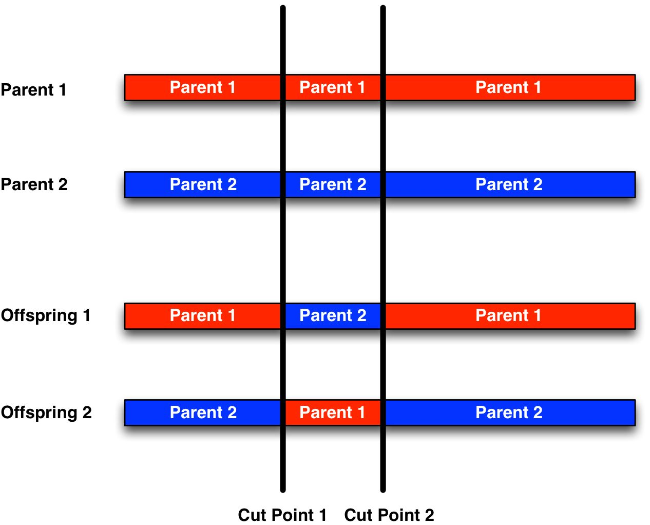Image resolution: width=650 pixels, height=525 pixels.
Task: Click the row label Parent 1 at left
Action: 33,90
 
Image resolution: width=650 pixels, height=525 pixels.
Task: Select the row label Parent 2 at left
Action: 34,184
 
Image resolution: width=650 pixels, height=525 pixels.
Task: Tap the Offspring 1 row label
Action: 46,316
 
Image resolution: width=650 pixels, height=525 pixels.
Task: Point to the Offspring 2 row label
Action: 46,413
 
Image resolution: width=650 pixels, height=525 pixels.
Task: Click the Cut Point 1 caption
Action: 282,516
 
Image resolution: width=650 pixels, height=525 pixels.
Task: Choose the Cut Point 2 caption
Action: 389,516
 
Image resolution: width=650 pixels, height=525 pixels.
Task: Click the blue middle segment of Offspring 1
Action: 333,316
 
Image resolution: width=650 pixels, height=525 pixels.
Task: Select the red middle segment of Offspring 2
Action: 333,413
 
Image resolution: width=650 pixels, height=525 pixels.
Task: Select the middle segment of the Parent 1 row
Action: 333,88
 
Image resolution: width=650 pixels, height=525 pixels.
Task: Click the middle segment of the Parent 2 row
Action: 333,184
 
